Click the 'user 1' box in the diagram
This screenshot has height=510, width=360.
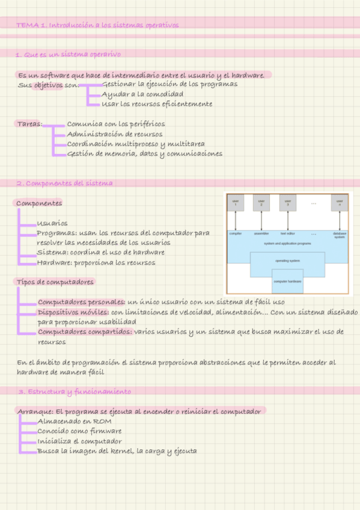[236, 203]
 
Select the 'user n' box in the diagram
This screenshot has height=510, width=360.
[340, 203]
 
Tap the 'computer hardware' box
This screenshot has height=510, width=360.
[287, 281]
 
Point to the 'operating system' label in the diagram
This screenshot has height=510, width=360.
[287, 260]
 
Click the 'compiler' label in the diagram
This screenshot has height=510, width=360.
[236, 233]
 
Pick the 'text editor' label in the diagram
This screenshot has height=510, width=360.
[287, 233]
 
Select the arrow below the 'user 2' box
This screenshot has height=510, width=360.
[261, 220]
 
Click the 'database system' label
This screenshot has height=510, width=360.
[340, 235]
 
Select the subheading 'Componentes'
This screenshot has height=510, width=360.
[39, 203]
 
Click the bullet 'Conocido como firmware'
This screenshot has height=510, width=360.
[79, 431]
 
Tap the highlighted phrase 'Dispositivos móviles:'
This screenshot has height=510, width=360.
[73, 312]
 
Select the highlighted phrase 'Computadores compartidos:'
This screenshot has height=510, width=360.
[85, 331]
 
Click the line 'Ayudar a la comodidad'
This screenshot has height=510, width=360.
[142, 94]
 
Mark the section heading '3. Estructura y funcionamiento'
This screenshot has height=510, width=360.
[75, 392]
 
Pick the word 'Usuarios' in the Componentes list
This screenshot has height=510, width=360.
[52, 223]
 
